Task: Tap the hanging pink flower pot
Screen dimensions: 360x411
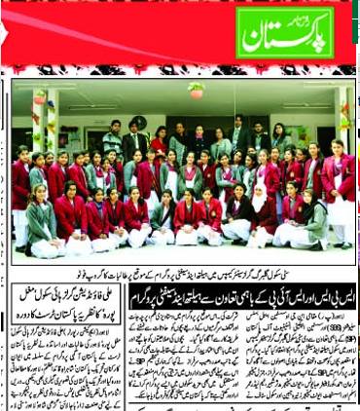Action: click(197, 90)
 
